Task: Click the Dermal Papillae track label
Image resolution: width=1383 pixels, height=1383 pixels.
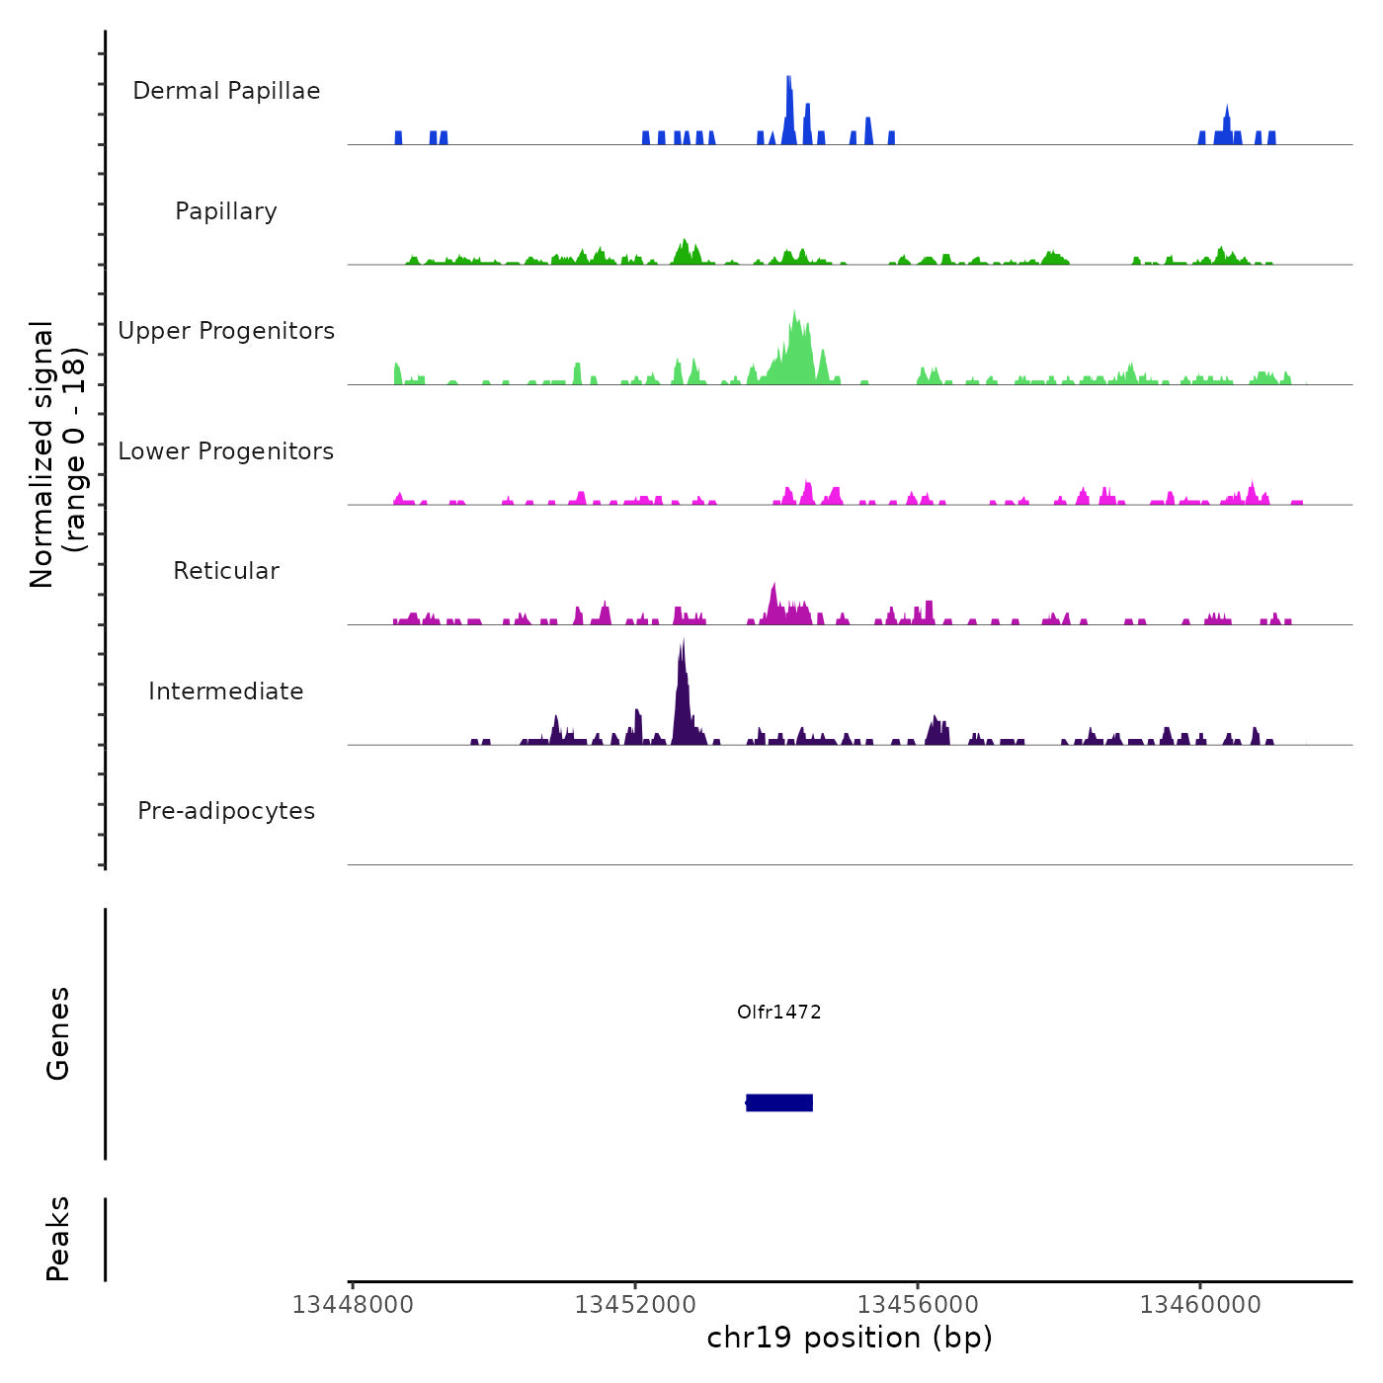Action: (226, 91)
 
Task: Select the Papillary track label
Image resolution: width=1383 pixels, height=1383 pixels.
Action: (226, 211)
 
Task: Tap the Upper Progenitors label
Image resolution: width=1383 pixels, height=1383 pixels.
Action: (226, 331)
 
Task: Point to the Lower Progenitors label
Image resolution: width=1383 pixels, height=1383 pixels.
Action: (226, 451)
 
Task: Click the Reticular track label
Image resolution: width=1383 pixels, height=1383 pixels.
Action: (226, 571)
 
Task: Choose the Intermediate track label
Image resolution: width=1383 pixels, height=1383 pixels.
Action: (226, 691)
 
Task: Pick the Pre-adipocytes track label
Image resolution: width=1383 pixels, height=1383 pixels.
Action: (226, 811)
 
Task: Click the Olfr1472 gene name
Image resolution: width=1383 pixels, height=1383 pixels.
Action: (779, 1012)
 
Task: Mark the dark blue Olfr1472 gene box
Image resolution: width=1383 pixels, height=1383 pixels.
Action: (779, 1102)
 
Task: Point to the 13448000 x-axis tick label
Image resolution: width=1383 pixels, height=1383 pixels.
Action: (353, 1305)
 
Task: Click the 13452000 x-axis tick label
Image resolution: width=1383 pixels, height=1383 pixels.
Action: (635, 1305)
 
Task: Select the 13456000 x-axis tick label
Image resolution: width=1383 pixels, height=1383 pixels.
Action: (918, 1305)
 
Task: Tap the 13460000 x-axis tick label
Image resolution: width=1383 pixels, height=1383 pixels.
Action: (1200, 1305)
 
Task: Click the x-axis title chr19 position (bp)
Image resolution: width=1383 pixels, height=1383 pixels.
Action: (850, 1338)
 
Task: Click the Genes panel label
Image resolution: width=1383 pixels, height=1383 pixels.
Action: (58, 1033)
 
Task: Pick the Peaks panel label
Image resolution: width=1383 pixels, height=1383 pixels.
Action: (58, 1239)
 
